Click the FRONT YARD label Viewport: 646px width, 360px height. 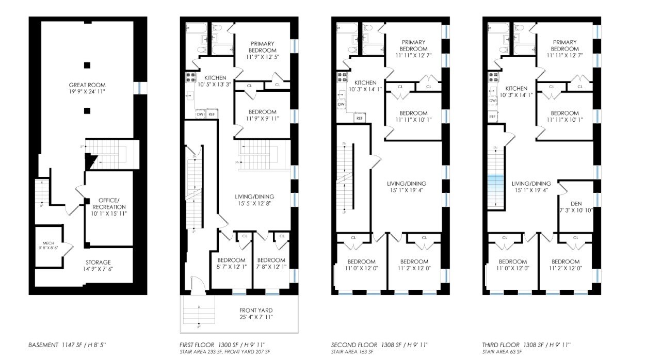coord(255,310)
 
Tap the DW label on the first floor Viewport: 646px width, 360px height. coord(199,114)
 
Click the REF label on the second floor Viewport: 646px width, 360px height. coord(359,118)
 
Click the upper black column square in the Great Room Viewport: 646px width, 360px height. coord(87,65)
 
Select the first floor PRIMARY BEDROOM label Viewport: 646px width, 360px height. coord(262,46)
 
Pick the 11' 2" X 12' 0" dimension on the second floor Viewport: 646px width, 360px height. coord(414,268)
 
